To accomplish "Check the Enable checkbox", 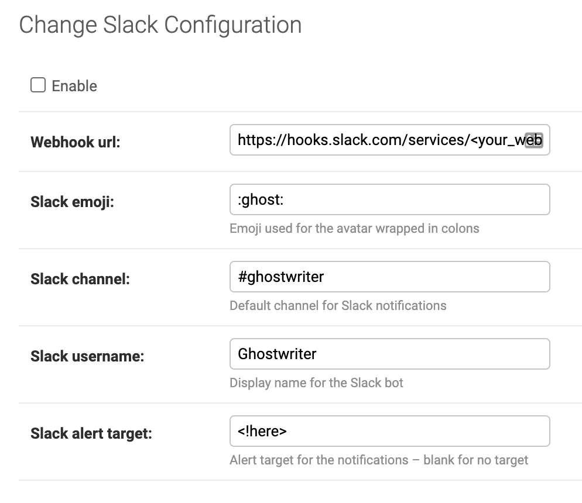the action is (38, 85).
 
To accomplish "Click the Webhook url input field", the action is (390, 140).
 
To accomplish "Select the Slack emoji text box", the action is (390, 199).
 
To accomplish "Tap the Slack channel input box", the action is (390, 277).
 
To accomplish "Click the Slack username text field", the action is (390, 354).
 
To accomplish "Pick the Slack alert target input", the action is (390, 430).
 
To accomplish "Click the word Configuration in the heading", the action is (232, 26).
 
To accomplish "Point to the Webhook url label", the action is (76, 142).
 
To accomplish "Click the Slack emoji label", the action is (72, 202).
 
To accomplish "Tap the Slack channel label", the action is (80, 279).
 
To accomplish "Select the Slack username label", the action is (87, 356).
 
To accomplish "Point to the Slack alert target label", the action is (91, 433).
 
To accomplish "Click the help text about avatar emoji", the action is (354, 228).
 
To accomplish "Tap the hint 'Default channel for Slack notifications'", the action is (338, 305).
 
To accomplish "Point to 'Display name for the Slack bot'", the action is (316, 383).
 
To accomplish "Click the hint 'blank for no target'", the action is (475, 460).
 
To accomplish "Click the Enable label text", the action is (74, 86).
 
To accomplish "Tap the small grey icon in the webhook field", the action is (534, 140).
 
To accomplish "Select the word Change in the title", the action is (59, 26).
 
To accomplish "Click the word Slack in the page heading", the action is (131, 25).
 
